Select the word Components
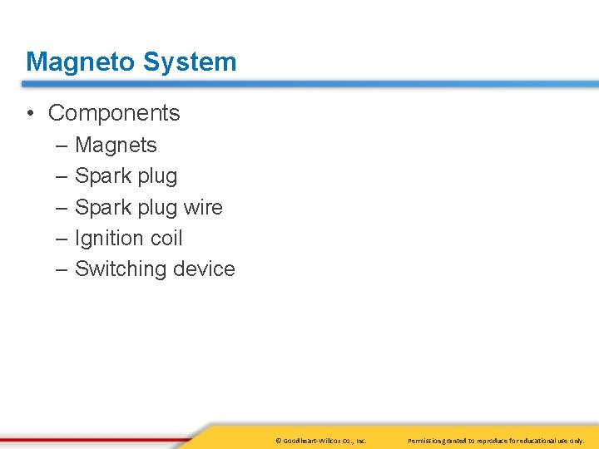click(114, 112)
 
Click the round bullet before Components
click(31, 113)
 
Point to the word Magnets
click(116, 145)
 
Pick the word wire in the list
click(203, 207)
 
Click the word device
click(204, 269)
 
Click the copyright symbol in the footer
click(278, 440)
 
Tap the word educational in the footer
click(532, 440)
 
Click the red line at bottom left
click(92, 438)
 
